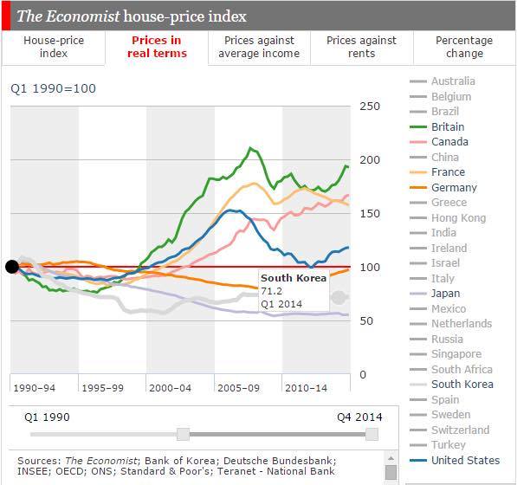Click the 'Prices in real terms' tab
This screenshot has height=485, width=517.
157,47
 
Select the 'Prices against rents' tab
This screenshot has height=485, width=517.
361,47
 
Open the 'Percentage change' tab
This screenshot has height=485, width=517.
464,47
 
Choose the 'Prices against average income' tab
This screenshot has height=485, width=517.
259,47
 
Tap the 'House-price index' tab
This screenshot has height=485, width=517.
53,47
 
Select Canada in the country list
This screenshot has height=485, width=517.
449,142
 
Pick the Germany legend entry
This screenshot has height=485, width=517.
454,188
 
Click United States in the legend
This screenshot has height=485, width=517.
466,460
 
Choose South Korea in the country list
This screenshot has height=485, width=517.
462,385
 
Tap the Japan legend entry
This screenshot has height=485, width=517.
446,294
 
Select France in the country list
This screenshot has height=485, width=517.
448,172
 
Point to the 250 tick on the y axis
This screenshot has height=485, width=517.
370,107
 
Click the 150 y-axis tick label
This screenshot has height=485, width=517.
370,214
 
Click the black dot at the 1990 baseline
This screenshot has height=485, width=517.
12,267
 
